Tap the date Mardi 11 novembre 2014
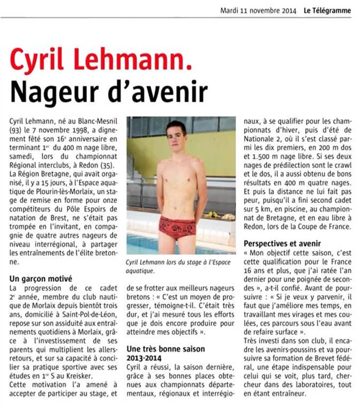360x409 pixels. click(258, 10)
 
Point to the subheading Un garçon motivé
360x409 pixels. click(41, 279)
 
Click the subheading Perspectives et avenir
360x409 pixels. click(282, 244)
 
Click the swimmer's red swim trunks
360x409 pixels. click(177, 228)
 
